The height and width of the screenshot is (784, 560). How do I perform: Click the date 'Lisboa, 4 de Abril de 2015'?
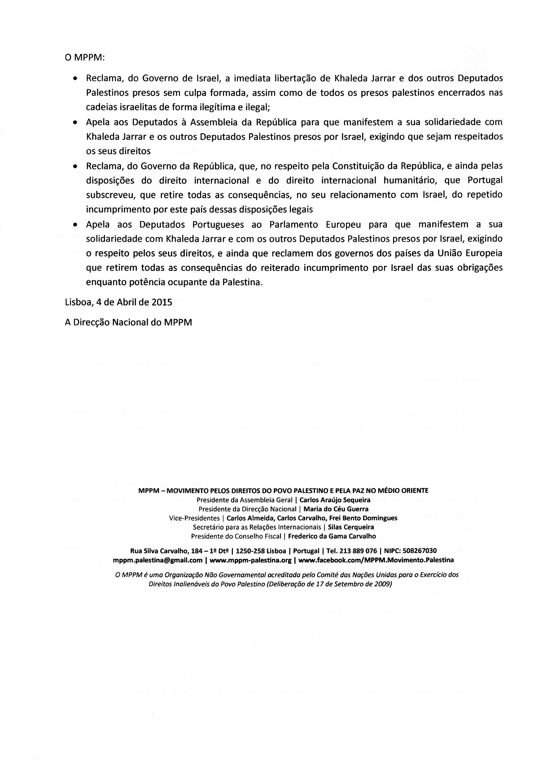118,302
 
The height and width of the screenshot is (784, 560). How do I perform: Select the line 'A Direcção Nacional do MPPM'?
128,322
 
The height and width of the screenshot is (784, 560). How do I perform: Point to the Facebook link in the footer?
376,560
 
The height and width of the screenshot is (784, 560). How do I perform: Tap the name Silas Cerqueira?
351,527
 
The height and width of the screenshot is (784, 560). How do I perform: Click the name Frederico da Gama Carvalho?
332,536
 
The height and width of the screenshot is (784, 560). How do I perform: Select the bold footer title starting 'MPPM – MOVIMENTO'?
284,490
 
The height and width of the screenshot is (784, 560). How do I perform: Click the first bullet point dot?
75,78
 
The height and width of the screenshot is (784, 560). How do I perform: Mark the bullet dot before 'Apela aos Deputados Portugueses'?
75,224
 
